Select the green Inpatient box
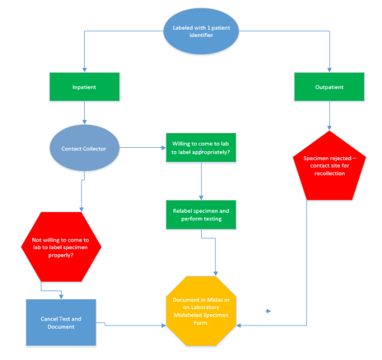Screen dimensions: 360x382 pyautogui.click(x=84, y=86)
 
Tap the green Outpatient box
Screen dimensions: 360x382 pyautogui.click(x=329, y=86)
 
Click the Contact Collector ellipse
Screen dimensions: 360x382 pyautogui.click(x=83, y=149)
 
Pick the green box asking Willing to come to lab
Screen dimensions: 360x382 pyautogui.click(x=201, y=147)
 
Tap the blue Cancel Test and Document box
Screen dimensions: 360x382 pyautogui.click(x=62, y=322)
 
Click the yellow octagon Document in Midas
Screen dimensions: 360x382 pyautogui.click(x=201, y=309)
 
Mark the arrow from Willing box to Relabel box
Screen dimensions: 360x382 pyautogui.click(x=201, y=181)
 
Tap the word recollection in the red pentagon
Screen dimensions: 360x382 pyautogui.click(x=329, y=173)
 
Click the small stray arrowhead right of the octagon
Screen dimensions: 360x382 pyautogui.click(x=269, y=311)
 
